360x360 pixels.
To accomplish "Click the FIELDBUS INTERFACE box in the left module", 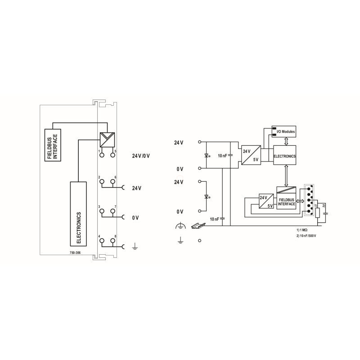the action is [53, 145].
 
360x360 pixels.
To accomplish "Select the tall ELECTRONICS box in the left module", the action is [78, 214].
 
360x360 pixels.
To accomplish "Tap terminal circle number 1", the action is [102, 155].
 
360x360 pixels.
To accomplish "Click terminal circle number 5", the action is [112, 155].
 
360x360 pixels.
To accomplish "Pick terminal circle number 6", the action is [112, 181].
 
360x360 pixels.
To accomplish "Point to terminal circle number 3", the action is [102, 211].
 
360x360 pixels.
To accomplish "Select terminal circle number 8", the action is [112, 240].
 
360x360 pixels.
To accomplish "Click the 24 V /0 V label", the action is [141, 156].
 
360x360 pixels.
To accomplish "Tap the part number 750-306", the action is [75, 252].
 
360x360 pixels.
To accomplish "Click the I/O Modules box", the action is [284, 131].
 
